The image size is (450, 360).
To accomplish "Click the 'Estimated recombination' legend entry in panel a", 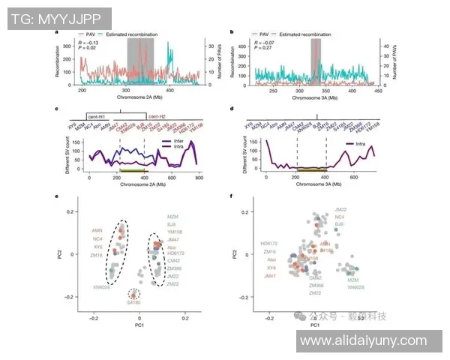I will (x=132, y=34).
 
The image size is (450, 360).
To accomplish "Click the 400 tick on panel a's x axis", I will (x=169, y=90).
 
